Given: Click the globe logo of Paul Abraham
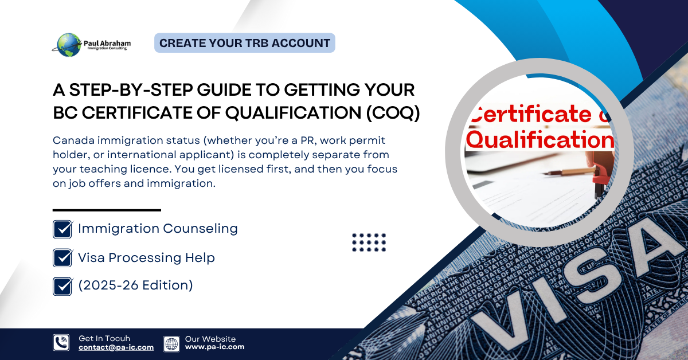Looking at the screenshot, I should pyautogui.click(x=69, y=45).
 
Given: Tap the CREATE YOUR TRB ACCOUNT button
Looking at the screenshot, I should pyautogui.click(x=245, y=43).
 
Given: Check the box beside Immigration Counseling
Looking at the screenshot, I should pyautogui.click(x=62, y=229).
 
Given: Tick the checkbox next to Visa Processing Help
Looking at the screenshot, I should pyautogui.click(x=62, y=257).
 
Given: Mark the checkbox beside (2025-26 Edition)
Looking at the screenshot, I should pyautogui.click(x=62, y=285).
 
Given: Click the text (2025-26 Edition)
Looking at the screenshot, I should pyautogui.click(x=135, y=285).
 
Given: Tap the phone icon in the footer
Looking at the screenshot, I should pyautogui.click(x=61, y=343).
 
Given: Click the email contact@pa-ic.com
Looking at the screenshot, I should pyautogui.click(x=116, y=347).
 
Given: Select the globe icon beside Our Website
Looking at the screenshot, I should pyautogui.click(x=171, y=343).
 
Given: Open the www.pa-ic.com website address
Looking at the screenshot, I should pyautogui.click(x=214, y=347).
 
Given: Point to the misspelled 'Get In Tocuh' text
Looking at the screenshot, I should pyautogui.click(x=104, y=339).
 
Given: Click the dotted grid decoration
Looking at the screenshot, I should pyautogui.click(x=369, y=242).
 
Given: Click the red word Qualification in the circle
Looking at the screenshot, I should pyautogui.click(x=539, y=139).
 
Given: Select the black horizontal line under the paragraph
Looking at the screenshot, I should pyautogui.click(x=107, y=210).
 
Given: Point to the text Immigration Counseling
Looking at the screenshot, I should pyautogui.click(x=158, y=229).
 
